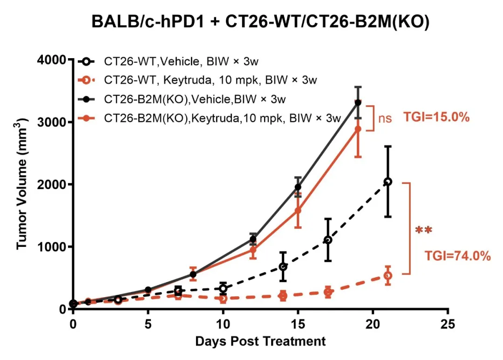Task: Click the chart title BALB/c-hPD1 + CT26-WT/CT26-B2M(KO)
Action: click(260, 22)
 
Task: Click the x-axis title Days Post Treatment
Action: click(260, 341)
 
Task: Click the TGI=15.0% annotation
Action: click(436, 118)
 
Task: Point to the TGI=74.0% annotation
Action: click(457, 256)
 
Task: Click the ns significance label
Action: click(385, 118)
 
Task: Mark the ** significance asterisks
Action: click(424, 230)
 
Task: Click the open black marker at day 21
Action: click(388, 182)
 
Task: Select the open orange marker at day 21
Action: click(388, 276)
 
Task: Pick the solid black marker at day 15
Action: click(298, 187)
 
